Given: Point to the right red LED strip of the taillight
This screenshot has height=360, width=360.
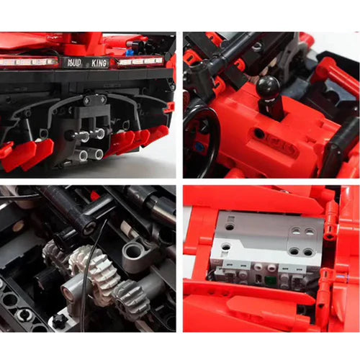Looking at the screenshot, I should (144, 61).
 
